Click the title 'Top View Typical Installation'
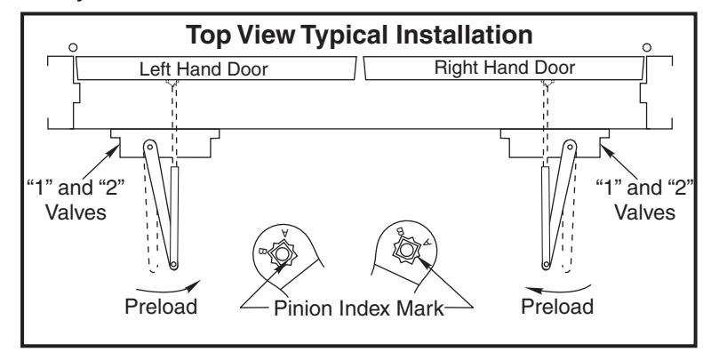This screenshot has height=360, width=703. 359,36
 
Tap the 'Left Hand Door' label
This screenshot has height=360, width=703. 204,69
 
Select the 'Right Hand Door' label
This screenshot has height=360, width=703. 505,68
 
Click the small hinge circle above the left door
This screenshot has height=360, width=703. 73,47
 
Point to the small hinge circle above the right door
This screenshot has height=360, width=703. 646,47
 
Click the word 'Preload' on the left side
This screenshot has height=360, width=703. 161,307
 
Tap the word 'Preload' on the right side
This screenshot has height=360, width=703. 557,306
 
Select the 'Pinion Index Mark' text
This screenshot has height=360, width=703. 358,308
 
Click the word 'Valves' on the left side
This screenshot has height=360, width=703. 76,212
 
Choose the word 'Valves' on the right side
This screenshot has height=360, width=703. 644,212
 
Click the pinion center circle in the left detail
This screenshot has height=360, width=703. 282,254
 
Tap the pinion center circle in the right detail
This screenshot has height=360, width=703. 406,250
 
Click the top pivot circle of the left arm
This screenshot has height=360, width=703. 149,146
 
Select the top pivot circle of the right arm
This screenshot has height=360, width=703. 570,146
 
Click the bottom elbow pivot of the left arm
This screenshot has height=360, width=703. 174,265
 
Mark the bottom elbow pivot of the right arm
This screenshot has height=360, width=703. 546,265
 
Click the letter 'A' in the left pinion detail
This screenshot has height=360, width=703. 285,233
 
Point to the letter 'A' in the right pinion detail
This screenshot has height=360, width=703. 427,242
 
